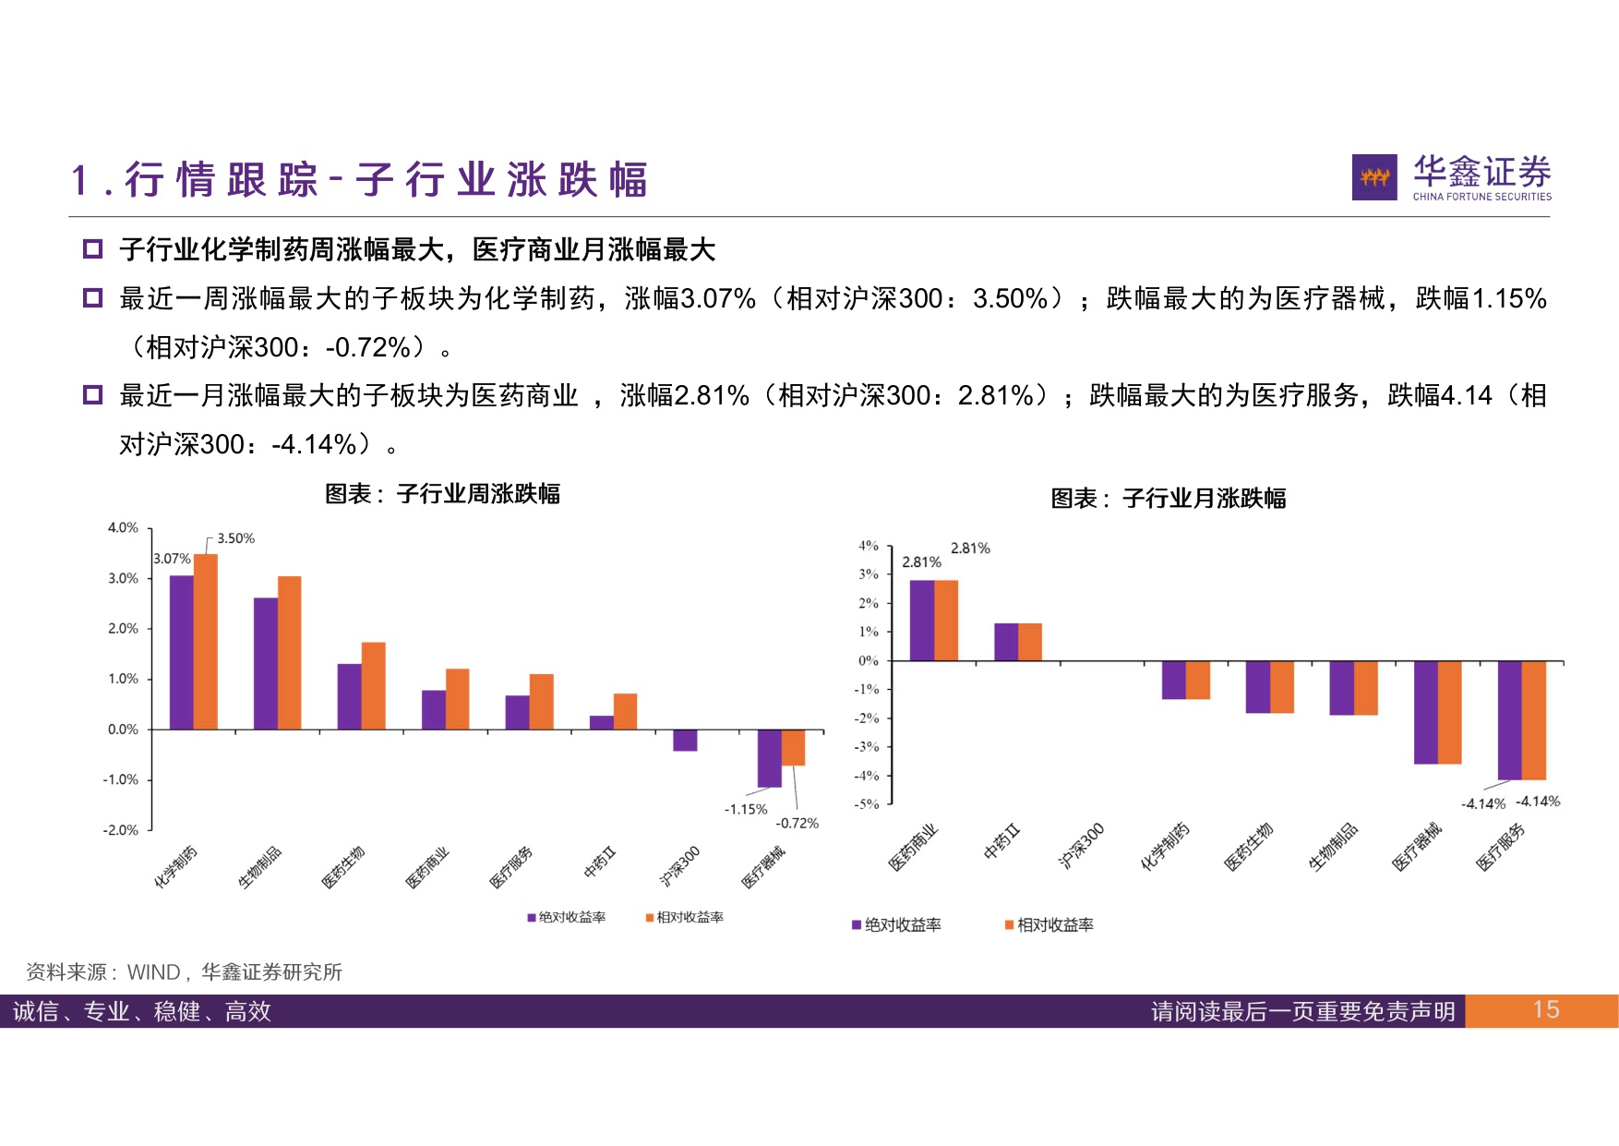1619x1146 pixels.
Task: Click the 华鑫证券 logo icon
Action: tap(1373, 177)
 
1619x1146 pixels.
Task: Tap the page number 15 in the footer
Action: tap(1545, 1010)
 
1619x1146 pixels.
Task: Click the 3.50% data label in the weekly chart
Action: tap(235, 538)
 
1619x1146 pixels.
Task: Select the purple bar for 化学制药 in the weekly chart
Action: tap(182, 652)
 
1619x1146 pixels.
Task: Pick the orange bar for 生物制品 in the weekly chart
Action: tap(290, 652)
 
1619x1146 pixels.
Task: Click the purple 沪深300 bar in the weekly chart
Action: tap(685, 741)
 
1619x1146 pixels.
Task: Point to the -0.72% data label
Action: tap(797, 823)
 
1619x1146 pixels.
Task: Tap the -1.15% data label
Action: tap(745, 809)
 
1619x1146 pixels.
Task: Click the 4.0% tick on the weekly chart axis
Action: tap(123, 528)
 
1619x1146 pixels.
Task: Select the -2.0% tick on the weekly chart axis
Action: tap(121, 830)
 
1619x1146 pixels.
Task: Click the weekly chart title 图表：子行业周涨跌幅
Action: tap(442, 494)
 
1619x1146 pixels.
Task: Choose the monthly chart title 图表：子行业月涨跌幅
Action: tap(1168, 499)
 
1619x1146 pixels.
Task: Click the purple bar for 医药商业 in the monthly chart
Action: tap(922, 620)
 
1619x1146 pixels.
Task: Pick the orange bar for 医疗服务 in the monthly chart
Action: tap(1533, 720)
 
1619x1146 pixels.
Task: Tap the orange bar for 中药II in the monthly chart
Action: tap(1030, 642)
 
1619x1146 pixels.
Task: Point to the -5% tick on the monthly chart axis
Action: tap(867, 804)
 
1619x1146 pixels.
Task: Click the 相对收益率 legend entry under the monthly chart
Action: tap(1049, 925)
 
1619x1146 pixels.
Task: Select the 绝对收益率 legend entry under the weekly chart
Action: tap(567, 917)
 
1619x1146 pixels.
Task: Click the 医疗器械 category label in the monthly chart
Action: tap(1417, 847)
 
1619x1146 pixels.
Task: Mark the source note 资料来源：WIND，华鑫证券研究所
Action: tap(185, 972)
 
